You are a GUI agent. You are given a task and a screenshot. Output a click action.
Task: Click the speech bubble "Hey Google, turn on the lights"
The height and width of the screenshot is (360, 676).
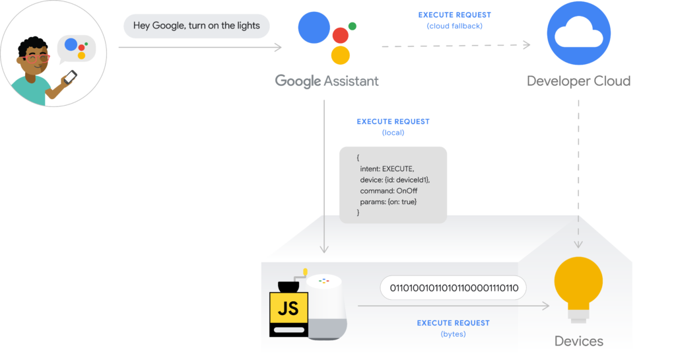pos(197,26)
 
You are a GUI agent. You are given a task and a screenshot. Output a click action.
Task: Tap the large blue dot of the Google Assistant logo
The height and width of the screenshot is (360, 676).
pos(314,28)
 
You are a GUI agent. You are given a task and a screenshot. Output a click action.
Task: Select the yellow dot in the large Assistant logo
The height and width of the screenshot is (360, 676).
pos(340,55)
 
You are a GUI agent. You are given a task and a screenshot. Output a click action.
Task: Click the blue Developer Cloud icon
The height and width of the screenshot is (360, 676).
pos(578,33)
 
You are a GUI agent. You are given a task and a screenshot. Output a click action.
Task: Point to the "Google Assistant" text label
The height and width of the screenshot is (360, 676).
pos(327,81)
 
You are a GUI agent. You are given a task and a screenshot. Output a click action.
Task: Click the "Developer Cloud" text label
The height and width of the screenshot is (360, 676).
pos(578,81)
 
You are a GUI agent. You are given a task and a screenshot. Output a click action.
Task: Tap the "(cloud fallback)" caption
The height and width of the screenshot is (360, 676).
pos(454,26)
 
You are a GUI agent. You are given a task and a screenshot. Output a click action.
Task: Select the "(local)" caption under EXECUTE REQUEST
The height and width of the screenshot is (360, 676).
pos(393,133)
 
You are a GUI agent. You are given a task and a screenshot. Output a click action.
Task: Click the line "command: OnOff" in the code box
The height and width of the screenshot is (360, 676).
pos(388,190)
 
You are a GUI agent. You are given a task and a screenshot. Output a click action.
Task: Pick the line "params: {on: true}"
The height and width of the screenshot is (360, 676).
pos(388,201)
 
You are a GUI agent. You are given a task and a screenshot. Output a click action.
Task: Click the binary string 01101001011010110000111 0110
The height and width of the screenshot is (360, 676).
pos(454,288)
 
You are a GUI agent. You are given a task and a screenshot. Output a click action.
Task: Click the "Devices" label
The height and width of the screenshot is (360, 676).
pos(578,341)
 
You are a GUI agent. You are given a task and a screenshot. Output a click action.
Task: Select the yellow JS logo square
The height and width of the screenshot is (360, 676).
pos(288,308)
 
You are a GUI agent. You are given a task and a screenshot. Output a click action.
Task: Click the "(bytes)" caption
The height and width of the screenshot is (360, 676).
pos(453,334)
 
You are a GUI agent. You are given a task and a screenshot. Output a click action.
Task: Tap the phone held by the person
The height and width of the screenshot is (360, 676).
pos(70,77)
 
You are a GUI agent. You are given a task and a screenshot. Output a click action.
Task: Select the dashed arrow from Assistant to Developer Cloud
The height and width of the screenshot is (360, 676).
pos(456,46)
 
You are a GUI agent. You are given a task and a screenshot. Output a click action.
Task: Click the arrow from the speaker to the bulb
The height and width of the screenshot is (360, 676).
pos(454,306)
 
